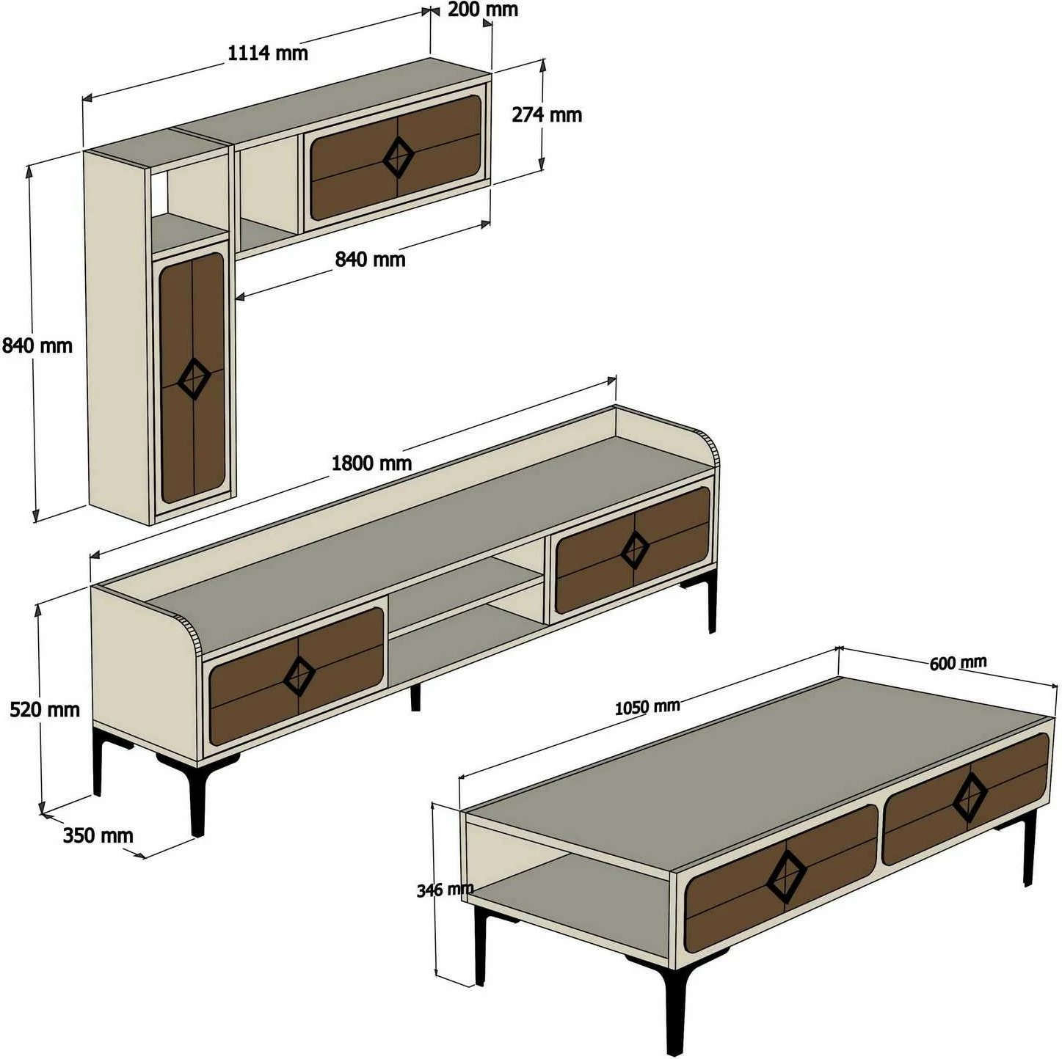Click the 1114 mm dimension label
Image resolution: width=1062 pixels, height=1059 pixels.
268,53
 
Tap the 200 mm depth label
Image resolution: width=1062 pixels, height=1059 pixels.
482,10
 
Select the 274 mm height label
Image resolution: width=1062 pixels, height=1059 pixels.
547,114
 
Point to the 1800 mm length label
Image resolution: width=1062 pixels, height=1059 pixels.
371,463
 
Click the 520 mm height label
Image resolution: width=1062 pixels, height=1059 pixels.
45,709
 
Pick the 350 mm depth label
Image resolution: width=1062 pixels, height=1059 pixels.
98,835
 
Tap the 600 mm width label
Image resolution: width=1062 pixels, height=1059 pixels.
958,663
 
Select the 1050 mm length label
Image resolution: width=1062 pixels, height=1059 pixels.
647,706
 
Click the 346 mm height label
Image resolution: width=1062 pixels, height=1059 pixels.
445,890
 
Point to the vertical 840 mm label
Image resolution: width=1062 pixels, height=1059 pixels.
37,345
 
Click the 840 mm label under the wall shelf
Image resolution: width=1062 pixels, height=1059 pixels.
370,259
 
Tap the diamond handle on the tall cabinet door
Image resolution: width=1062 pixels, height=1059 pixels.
194,378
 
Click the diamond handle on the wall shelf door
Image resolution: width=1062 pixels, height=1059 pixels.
398,157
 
